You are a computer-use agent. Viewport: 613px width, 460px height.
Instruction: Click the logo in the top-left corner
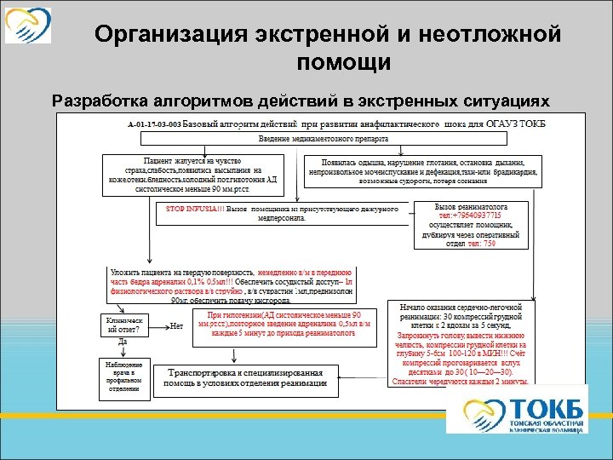coord(27,25)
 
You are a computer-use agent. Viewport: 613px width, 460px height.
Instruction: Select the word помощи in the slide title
coord(345,62)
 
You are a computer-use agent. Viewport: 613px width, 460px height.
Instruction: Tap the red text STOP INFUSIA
coord(190,207)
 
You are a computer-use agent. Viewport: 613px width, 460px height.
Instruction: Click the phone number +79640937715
coord(472,216)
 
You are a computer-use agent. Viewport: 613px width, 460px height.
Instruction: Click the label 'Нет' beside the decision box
coord(176,325)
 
